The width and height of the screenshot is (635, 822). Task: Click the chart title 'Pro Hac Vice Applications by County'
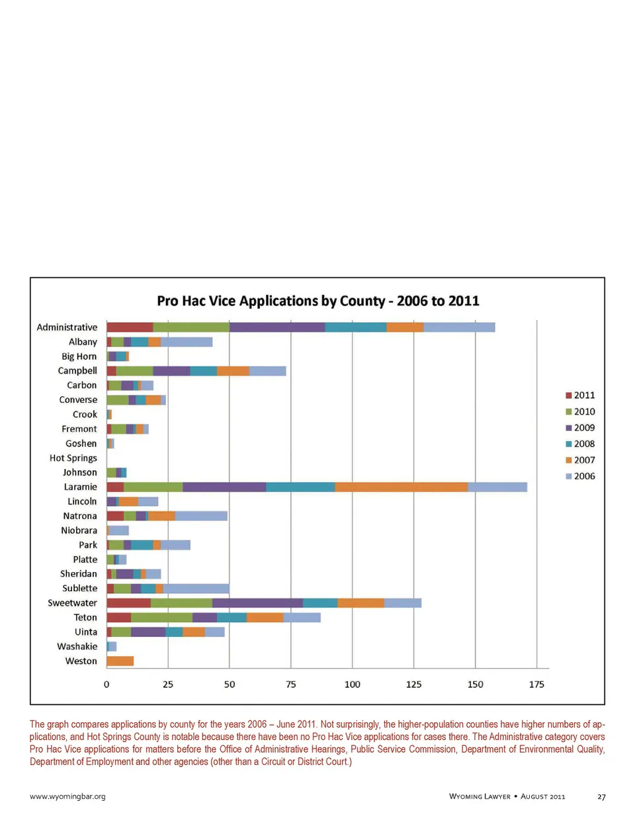317,301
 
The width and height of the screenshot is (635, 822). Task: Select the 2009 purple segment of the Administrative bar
277,327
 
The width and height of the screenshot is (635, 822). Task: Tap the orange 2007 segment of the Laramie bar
401,487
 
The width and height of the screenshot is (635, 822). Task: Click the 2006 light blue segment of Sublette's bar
196,589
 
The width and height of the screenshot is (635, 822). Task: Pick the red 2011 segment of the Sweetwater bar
128,603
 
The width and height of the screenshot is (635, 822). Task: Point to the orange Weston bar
120,661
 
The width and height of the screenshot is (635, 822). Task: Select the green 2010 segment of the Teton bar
161,618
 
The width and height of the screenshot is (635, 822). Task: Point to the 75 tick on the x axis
291,684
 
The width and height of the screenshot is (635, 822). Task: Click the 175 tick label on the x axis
536,684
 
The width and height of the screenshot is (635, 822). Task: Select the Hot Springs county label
73,458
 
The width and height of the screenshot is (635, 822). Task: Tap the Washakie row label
77,647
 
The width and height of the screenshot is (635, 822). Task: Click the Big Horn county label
79,356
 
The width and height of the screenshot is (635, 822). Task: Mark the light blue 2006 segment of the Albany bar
187,342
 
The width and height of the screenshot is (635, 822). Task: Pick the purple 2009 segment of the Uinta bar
148,632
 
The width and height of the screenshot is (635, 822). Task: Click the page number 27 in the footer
601,797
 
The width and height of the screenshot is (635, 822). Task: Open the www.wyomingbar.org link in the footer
67,796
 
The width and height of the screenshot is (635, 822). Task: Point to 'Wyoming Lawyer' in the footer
480,797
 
